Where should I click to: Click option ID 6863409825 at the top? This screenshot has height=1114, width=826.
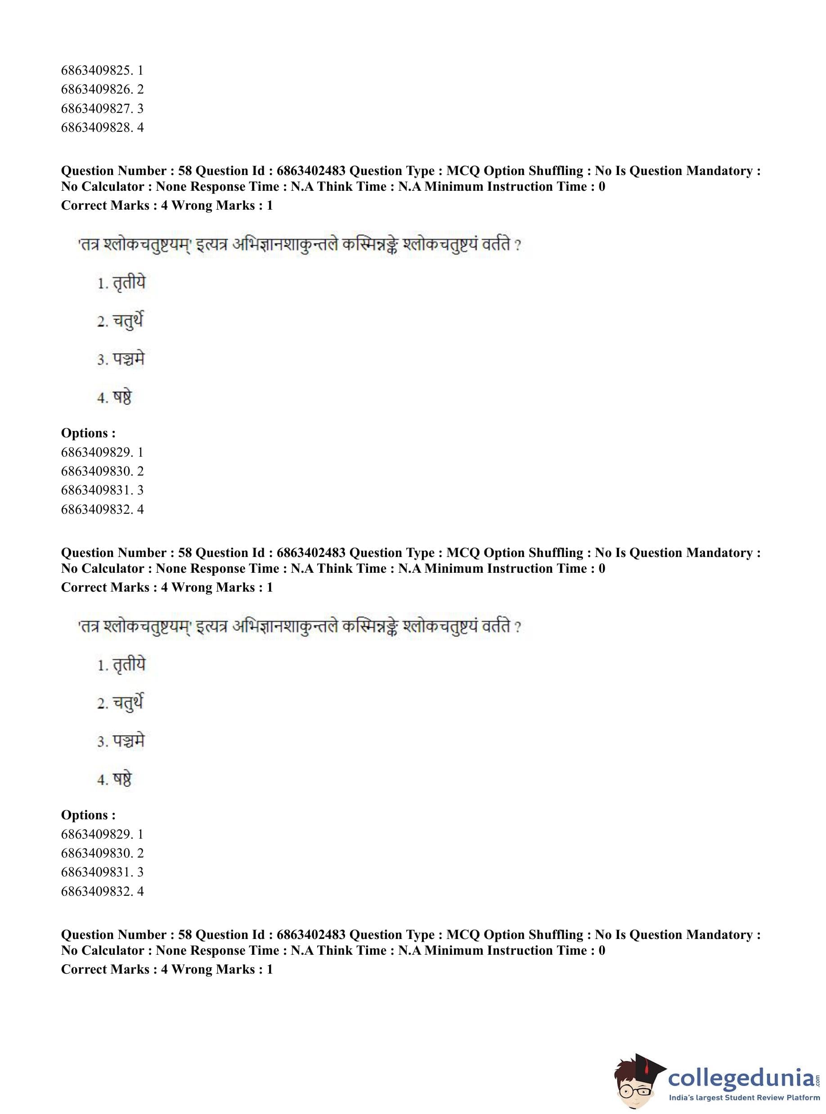(102, 70)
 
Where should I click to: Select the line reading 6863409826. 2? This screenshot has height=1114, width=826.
(102, 89)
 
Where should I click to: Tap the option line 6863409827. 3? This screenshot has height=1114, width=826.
(102, 108)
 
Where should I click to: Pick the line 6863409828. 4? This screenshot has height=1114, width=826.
(102, 127)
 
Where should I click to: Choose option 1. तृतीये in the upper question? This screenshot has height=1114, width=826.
(121, 283)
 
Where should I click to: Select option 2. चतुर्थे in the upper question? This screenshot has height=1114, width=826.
(121, 321)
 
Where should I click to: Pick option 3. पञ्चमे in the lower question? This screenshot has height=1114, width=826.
(121, 741)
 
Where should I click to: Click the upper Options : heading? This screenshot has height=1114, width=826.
(88, 433)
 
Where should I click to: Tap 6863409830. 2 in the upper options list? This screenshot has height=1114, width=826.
(102, 471)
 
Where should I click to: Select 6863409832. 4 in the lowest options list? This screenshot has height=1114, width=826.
(102, 891)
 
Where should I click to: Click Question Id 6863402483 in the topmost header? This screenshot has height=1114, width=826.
(310, 171)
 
